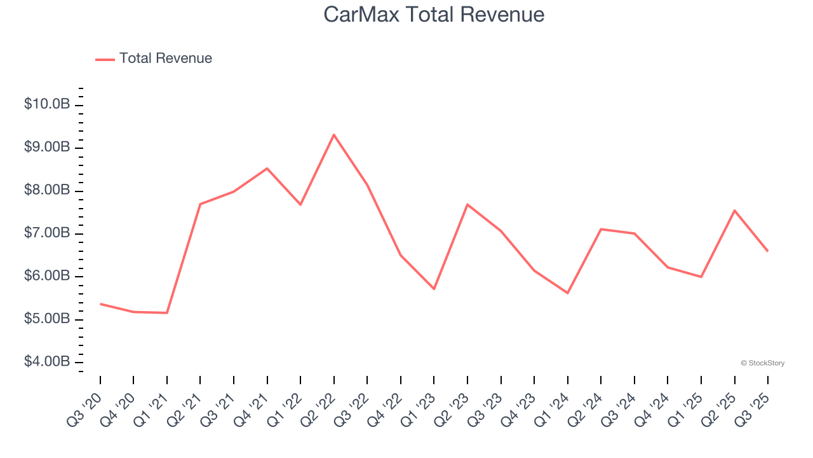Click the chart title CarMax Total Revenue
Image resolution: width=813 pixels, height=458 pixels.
pos(434,15)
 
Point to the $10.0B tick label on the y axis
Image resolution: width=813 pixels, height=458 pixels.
pos(47,104)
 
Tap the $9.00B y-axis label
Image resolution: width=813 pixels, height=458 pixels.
pos(47,147)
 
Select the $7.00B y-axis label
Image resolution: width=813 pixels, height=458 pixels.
pos(47,233)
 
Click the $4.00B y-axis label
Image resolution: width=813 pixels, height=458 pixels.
pos(47,362)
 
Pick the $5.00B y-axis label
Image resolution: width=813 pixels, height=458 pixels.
pos(47,319)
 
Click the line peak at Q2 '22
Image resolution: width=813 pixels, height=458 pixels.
pos(333,134)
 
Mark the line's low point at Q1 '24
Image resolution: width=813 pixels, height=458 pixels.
pos(567,293)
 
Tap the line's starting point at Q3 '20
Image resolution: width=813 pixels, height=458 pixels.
pos(100,303)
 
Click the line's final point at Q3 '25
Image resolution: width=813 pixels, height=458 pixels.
pos(767,251)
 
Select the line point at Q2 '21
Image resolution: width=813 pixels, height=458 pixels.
pos(200,204)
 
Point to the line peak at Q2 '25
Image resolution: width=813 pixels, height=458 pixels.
pos(734,211)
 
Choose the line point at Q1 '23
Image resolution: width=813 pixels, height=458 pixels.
pos(434,289)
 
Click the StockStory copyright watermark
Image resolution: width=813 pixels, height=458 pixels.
pos(762,363)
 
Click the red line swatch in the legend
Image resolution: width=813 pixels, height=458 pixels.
pos(105,59)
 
